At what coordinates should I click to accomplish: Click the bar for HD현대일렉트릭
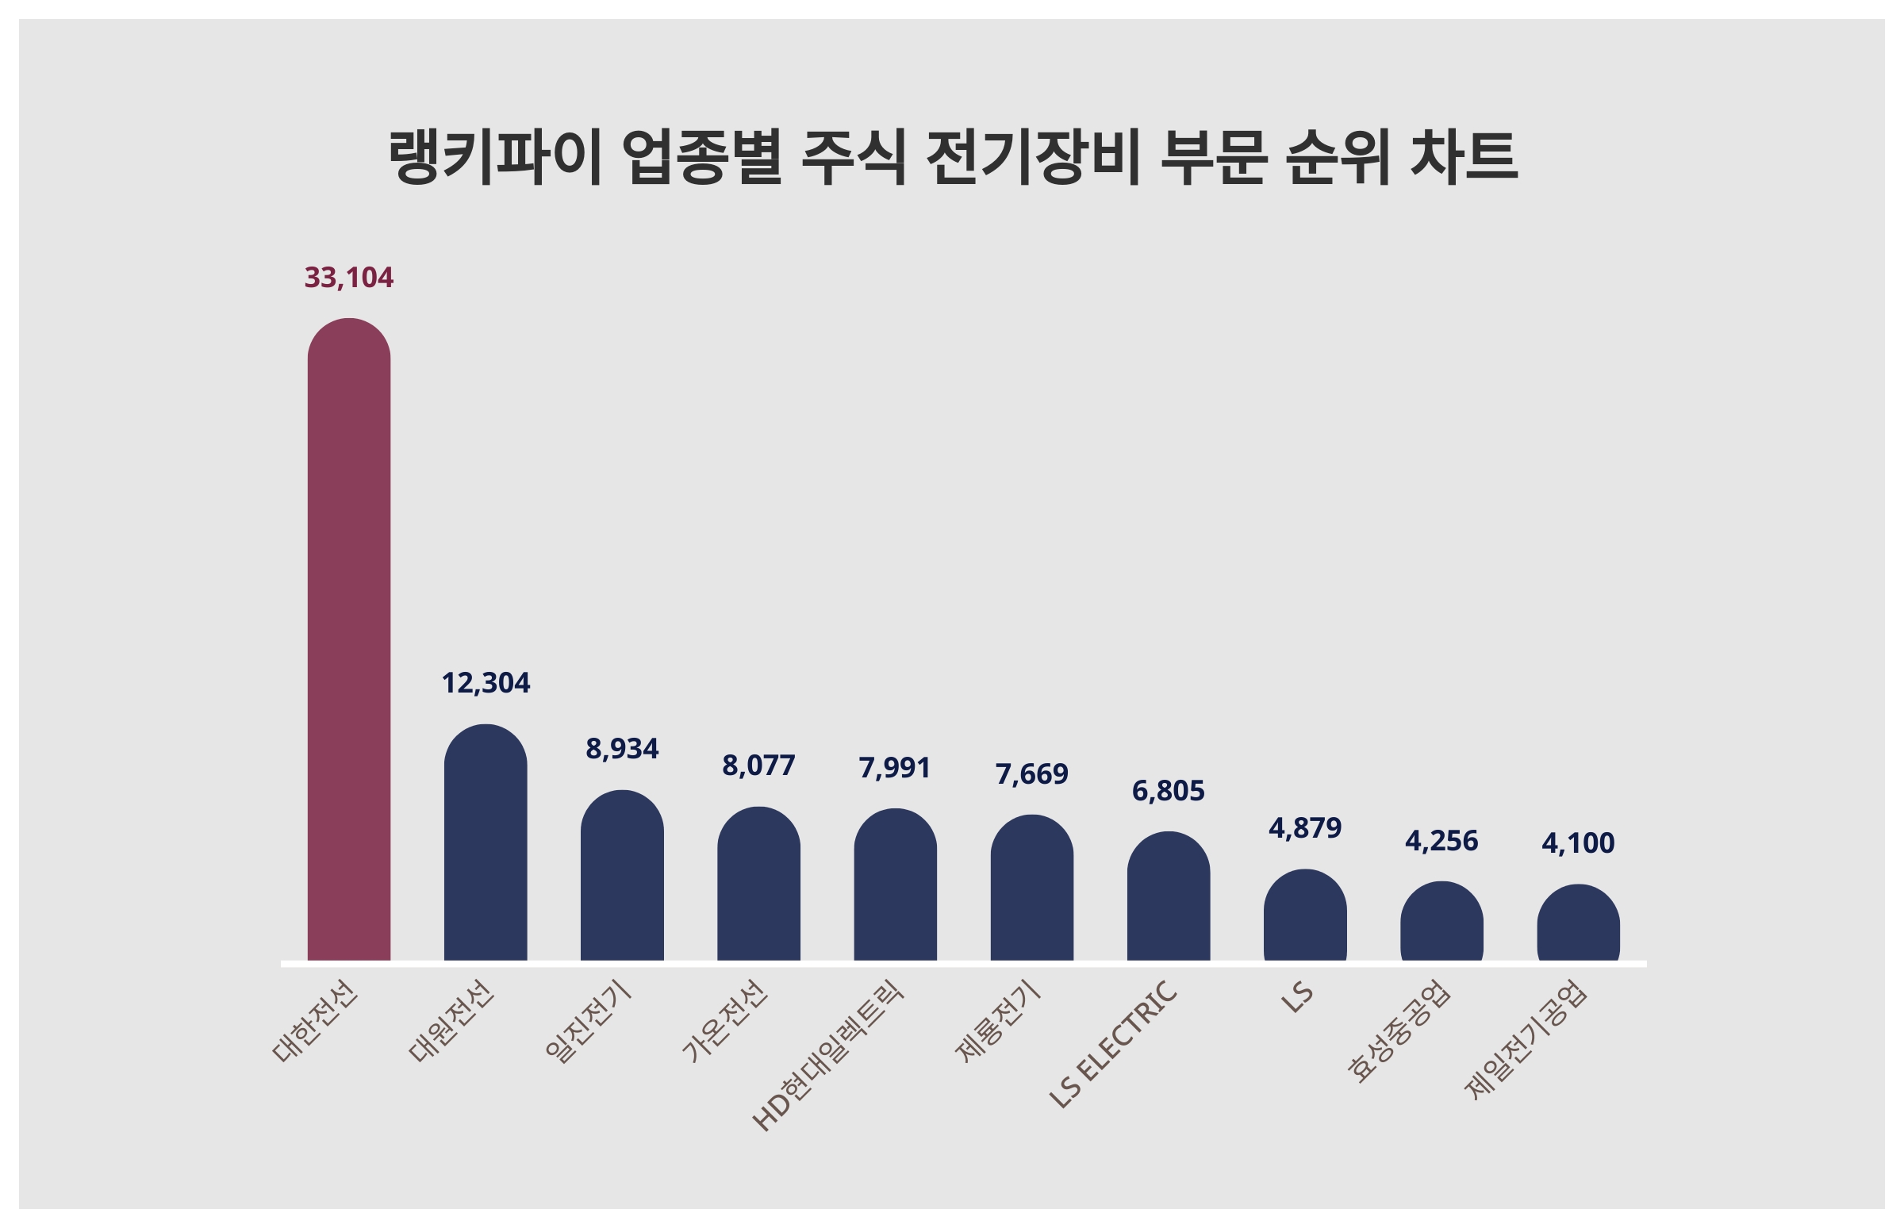(895, 885)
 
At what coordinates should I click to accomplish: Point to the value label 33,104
(348, 278)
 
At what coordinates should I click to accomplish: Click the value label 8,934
(622, 749)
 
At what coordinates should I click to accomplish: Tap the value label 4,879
(1304, 828)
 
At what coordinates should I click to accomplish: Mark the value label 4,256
(1441, 841)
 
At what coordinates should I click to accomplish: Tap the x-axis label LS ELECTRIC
(1113, 1044)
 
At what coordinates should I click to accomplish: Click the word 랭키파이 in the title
(494, 157)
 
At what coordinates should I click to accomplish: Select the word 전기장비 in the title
(1033, 157)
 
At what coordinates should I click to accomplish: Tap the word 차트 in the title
(1464, 157)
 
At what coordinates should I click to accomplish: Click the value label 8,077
(758, 766)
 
